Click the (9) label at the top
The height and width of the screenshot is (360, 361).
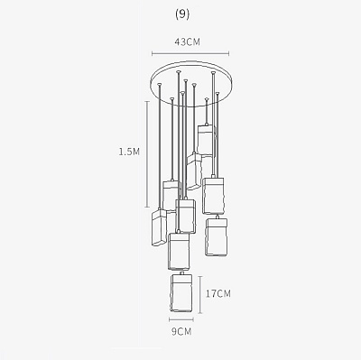click(x=182, y=14)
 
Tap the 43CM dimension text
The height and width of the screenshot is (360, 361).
click(x=188, y=42)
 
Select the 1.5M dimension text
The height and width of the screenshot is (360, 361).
click(x=129, y=152)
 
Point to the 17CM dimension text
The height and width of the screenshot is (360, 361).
click(x=218, y=293)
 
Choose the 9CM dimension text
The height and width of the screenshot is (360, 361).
click(x=181, y=332)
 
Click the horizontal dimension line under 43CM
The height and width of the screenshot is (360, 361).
click(x=190, y=54)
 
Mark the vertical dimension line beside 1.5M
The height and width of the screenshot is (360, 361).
click(x=147, y=154)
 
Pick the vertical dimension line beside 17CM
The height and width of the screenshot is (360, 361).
click(x=200, y=294)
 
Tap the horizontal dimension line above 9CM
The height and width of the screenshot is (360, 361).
click(x=181, y=319)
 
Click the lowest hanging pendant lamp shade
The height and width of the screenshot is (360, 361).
click(x=181, y=293)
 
